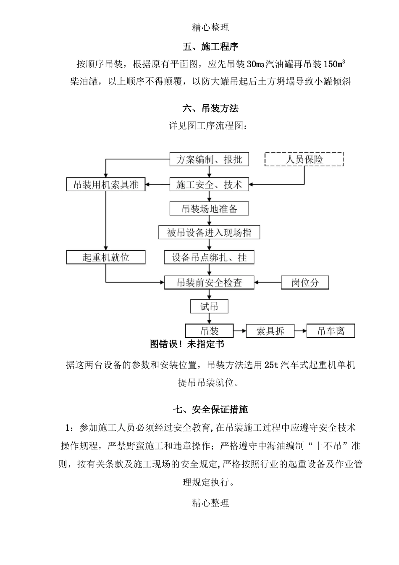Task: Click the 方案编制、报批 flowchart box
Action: click(x=209, y=159)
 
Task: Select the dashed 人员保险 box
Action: click(x=304, y=159)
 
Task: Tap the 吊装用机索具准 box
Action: click(x=106, y=185)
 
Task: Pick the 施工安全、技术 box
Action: click(x=209, y=185)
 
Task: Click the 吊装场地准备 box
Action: click(x=209, y=209)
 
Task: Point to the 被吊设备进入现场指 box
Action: click(x=209, y=232)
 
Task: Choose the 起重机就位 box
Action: click(x=106, y=257)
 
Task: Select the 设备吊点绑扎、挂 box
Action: click(x=209, y=257)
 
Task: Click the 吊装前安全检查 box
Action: click(x=209, y=282)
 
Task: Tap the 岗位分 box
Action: click(x=305, y=282)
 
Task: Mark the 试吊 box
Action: click(x=209, y=306)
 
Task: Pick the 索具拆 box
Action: click(x=270, y=331)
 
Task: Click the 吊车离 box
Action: click(x=331, y=331)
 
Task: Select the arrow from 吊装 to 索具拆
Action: click(x=239, y=331)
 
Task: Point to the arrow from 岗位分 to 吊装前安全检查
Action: click(x=268, y=282)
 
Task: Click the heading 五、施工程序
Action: click(x=210, y=47)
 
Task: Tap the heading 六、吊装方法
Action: click(x=210, y=108)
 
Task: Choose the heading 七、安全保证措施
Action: click(x=210, y=409)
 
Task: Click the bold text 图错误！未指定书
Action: click(x=187, y=344)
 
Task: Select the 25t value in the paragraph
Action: click(x=271, y=365)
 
